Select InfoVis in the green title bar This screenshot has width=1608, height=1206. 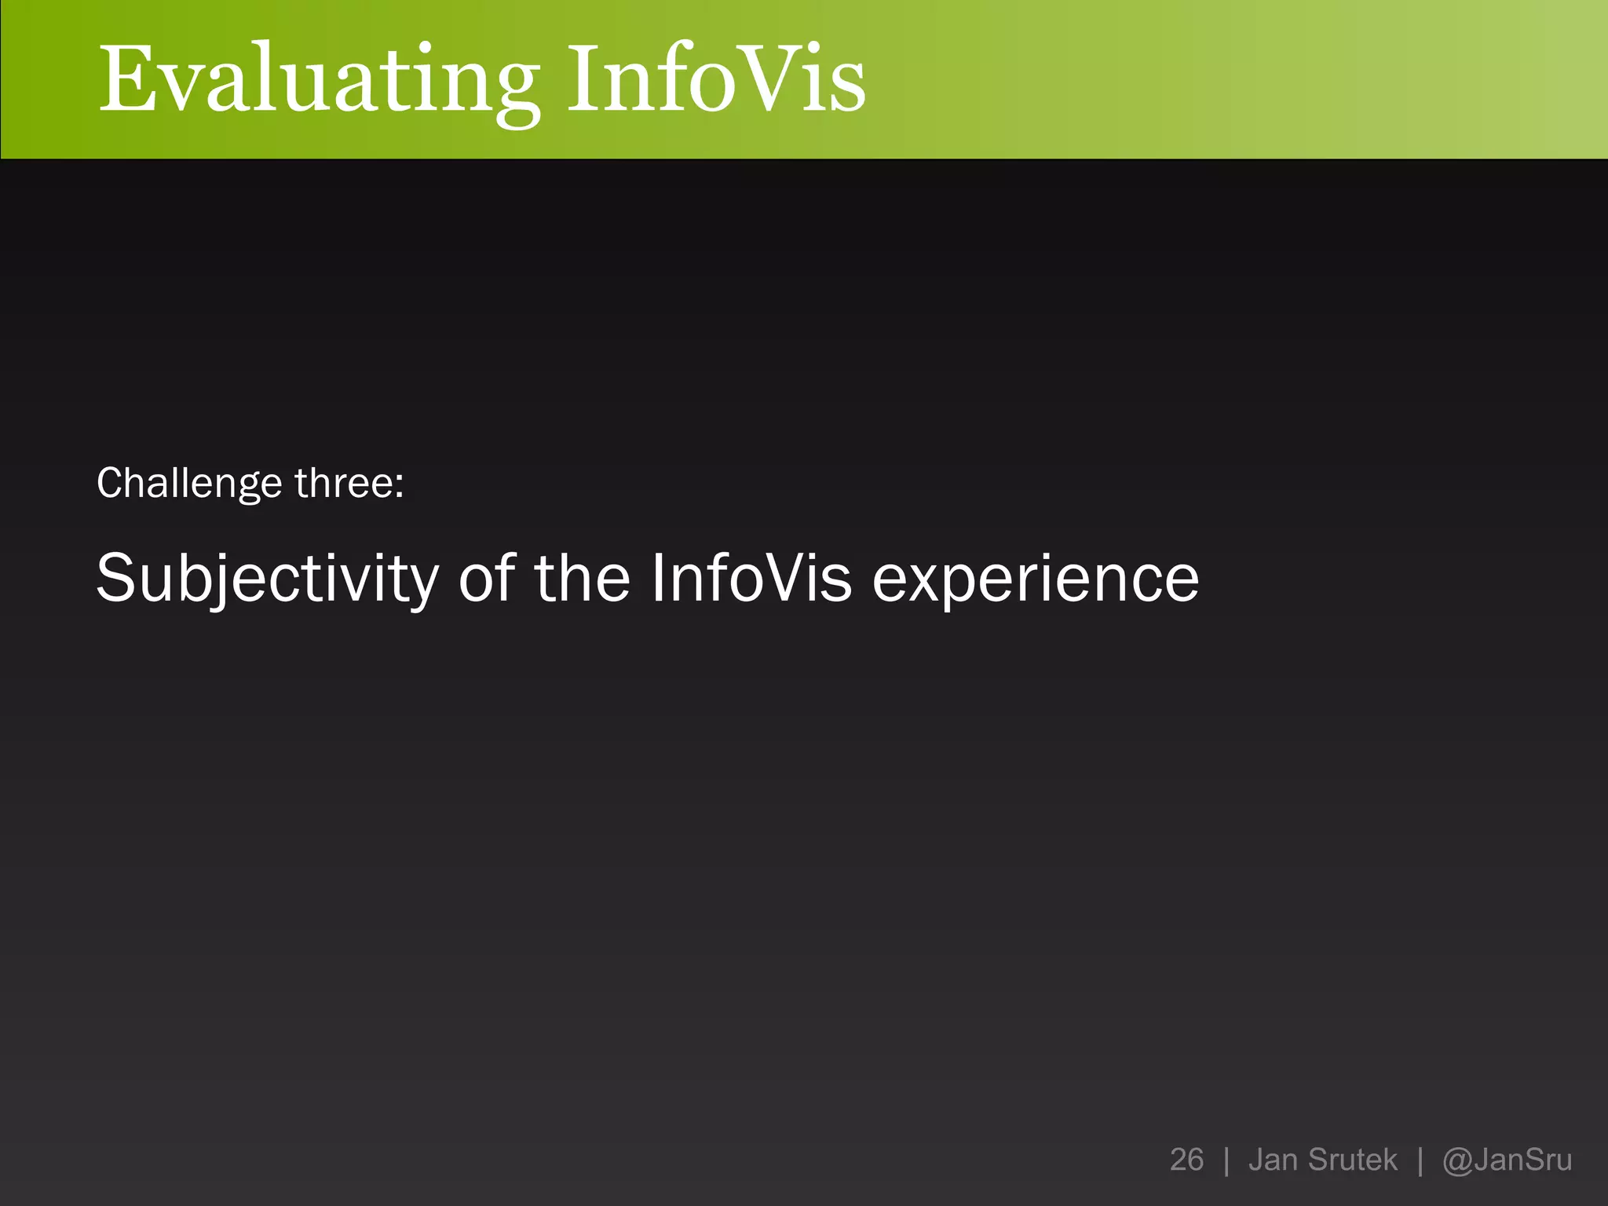click(716, 79)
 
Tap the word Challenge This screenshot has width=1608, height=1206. click(188, 483)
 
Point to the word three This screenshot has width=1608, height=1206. click(344, 483)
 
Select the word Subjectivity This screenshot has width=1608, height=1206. click(267, 579)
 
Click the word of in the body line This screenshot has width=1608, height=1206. click(487, 579)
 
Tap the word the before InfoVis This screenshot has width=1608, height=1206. click(582, 579)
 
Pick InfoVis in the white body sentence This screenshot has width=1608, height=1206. click(751, 579)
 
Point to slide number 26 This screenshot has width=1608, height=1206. click(1186, 1160)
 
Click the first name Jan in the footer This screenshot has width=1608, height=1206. click(1272, 1160)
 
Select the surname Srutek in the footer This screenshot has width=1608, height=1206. click(1353, 1160)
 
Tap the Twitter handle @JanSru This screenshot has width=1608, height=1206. click(1507, 1160)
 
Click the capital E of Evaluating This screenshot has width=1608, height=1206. click(125, 79)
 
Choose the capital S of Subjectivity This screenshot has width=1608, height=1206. click(117, 578)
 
